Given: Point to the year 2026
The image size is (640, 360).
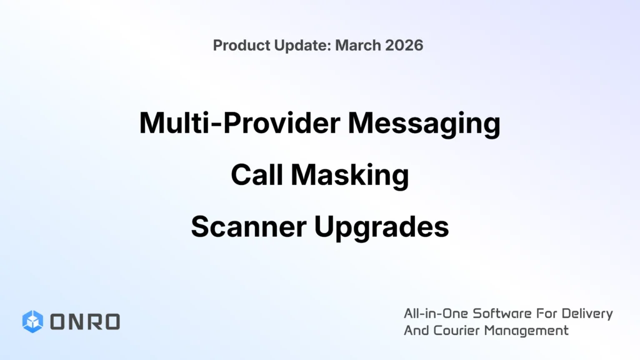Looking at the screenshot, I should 404,46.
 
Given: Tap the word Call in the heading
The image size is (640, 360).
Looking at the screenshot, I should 256,175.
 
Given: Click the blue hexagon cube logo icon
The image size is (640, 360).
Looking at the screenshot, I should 32,321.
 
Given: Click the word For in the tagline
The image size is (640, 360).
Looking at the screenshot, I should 547,314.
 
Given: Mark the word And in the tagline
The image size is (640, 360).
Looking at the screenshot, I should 415,330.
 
